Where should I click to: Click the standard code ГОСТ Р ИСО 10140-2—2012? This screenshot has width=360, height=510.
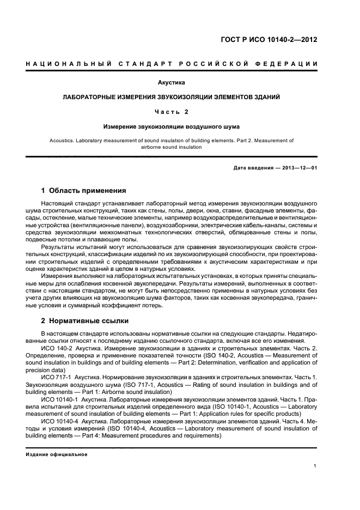[277, 40]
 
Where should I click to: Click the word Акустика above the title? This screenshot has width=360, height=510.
[172, 83]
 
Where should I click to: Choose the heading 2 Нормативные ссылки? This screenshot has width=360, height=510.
[83, 321]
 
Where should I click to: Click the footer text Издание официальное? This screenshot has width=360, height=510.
[57, 454]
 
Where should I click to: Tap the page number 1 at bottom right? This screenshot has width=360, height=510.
[315, 465]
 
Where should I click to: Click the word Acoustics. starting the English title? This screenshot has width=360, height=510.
[63, 140]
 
